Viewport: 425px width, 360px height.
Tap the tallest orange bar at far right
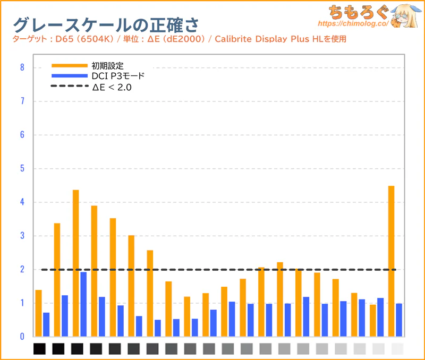[x=392, y=260]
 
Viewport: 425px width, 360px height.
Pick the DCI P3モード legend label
[x=118, y=76]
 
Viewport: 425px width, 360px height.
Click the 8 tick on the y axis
[x=22, y=67]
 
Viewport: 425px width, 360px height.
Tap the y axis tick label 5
[x=22, y=168]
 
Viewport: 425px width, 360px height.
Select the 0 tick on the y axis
[x=22, y=337]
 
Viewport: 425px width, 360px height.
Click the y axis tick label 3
[x=22, y=236]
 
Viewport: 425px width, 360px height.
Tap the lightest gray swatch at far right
[x=397, y=348]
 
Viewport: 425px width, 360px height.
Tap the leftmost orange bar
[x=38, y=313]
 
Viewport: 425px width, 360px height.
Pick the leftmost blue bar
[x=46, y=324]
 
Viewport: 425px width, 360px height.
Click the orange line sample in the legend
[x=70, y=66]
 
